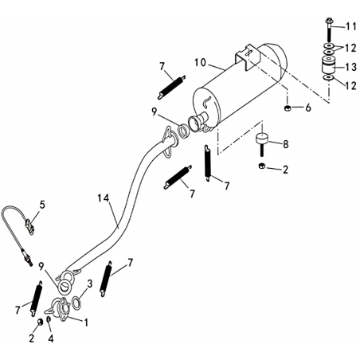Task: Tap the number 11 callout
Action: point(350,27)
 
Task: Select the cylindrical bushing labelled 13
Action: point(329,65)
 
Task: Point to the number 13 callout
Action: point(350,67)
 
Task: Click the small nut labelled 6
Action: point(287,108)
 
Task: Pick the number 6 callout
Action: point(308,108)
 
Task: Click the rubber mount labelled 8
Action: point(262,143)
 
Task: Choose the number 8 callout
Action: point(286,144)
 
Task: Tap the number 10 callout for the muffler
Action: point(200,63)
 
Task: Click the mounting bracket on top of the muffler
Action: point(247,57)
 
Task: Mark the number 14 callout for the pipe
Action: point(104,198)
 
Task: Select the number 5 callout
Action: point(42,205)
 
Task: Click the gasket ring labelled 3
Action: point(76,303)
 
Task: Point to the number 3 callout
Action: point(89,284)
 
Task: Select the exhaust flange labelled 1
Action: point(61,309)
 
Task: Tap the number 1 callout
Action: point(86,323)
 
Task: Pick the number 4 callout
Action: point(51,338)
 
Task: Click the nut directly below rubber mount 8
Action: point(261,166)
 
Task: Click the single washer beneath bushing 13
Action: point(329,77)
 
